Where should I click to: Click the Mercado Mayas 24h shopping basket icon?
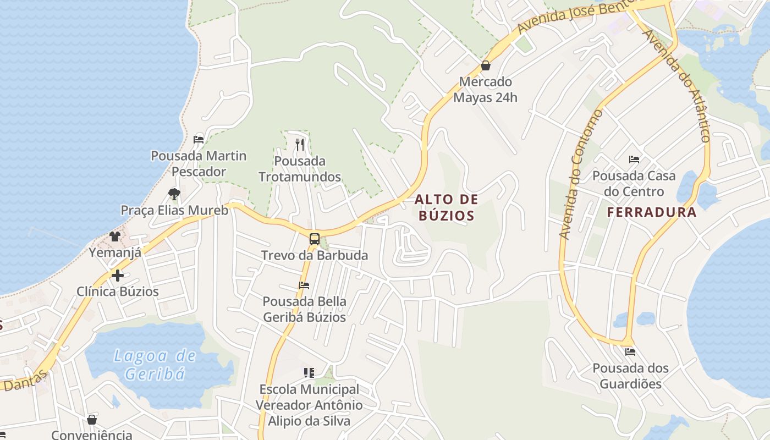(x=486, y=65)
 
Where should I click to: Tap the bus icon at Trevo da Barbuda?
(x=314, y=239)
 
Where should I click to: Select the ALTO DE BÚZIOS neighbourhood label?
(x=446, y=207)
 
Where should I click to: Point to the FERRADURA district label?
(x=652, y=212)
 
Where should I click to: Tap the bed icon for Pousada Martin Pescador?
(x=199, y=140)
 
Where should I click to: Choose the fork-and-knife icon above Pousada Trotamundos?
(x=300, y=145)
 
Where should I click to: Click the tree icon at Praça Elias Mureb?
(x=174, y=194)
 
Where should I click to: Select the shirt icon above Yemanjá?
(x=114, y=237)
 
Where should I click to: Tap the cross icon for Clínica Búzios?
(x=117, y=276)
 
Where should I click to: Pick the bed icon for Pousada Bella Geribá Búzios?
(x=304, y=285)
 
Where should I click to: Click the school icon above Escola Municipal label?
(x=309, y=373)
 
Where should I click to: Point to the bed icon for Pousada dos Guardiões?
(x=630, y=352)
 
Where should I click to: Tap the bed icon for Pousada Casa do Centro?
(x=634, y=160)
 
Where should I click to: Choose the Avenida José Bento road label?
(x=574, y=16)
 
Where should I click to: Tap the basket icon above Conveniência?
(x=92, y=420)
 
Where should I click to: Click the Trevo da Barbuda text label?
(x=315, y=256)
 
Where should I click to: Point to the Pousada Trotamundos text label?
(x=300, y=169)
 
